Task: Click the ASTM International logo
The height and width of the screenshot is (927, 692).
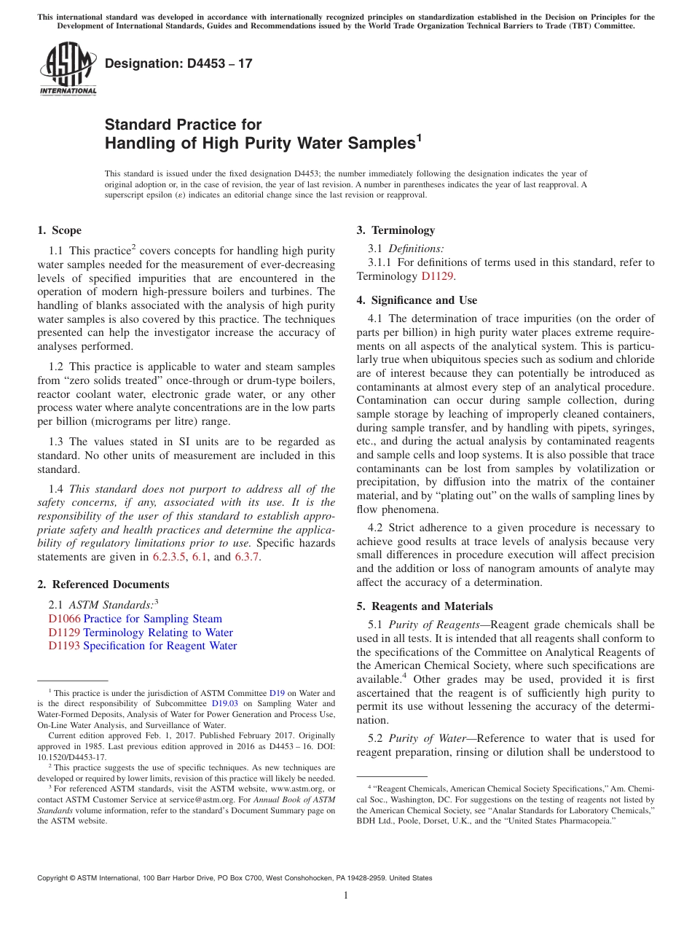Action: pyautogui.click(x=68, y=69)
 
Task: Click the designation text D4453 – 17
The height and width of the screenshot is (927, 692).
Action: pyautogui.click(x=178, y=63)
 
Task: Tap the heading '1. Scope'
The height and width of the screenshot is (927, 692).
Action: pyautogui.click(x=59, y=230)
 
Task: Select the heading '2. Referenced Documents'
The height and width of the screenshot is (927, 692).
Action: pyautogui.click(x=103, y=584)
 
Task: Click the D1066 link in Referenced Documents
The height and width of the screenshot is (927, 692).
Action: pyautogui.click(x=64, y=619)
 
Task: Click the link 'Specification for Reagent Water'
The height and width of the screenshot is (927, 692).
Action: pyautogui.click(x=160, y=646)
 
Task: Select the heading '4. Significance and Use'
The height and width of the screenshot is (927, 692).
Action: pyautogui.click(x=417, y=300)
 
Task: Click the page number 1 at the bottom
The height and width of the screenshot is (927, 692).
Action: pyautogui.click(x=346, y=896)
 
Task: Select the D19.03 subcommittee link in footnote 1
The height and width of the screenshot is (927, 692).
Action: pyautogui.click(x=225, y=704)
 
